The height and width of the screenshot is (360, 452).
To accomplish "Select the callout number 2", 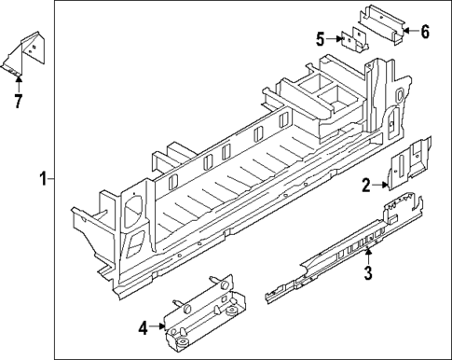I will [x=367, y=186].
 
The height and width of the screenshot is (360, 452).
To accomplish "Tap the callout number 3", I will [x=368, y=272].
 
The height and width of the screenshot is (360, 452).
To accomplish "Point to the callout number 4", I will [x=144, y=327].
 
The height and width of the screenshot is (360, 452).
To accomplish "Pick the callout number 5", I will [x=320, y=38].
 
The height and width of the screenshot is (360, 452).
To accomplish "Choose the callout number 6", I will [x=424, y=33].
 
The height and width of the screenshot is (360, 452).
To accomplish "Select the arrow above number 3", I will [x=368, y=256].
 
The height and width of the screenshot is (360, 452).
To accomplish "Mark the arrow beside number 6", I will [x=408, y=33].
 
